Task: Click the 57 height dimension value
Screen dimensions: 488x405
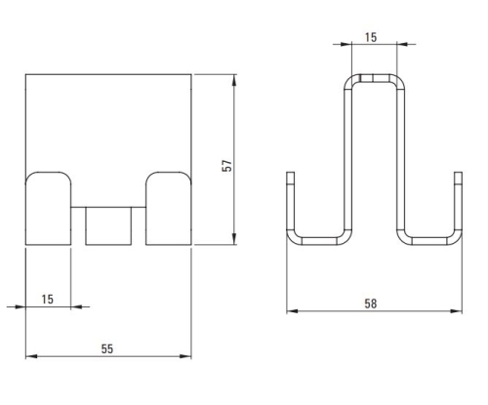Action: pos(227,166)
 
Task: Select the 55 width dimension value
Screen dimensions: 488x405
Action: pos(107,349)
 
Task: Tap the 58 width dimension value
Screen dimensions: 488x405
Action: pos(371,304)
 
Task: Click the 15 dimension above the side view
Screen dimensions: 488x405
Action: pos(371,37)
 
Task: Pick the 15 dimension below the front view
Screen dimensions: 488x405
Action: pos(48,300)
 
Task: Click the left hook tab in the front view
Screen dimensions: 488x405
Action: pos(48,209)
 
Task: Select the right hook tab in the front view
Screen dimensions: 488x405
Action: pos(169,209)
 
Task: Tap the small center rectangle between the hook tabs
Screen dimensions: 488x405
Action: pos(108,225)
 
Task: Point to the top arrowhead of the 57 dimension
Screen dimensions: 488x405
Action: pos(234,80)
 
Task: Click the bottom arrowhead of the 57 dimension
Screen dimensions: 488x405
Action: pos(234,239)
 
